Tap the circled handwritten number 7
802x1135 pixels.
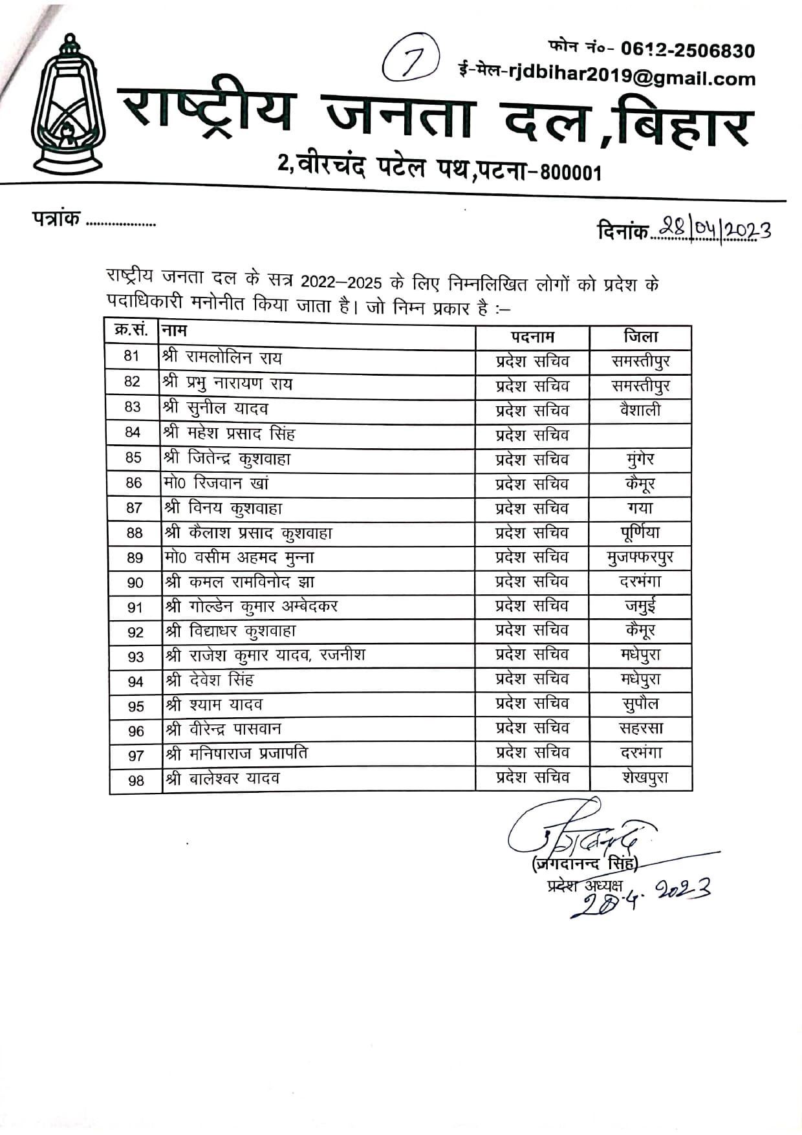click(x=411, y=58)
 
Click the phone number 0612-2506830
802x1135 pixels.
click(x=688, y=50)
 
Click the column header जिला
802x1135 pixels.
click(x=640, y=336)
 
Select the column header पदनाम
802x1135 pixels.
click(x=532, y=337)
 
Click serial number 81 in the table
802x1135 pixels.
click(x=132, y=356)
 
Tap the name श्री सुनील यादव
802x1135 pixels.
click(x=216, y=408)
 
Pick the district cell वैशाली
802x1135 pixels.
click(x=640, y=410)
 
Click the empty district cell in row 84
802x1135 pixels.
click(x=640, y=435)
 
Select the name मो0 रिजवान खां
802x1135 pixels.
click(x=216, y=483)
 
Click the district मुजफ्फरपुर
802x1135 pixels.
click(x=640, y=557)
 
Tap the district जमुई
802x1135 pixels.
click(x=640, y=607)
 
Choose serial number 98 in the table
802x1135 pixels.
click(x=136, y=781)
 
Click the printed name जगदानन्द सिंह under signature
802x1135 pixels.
click(x=585, y=863)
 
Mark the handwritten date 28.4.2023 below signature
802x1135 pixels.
click(x=640, y=898)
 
